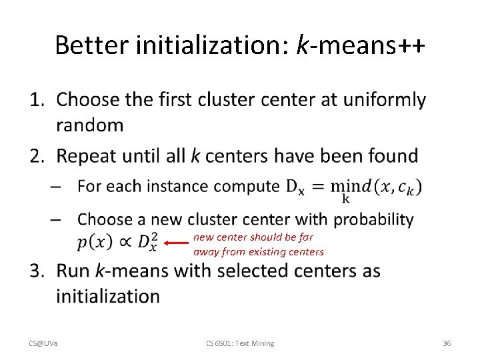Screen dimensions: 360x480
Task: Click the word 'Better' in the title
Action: (92, 45)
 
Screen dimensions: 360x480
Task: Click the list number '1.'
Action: (38, 100)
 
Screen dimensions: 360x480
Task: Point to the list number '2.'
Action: (38, 156)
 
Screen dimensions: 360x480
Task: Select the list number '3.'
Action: (38, 271)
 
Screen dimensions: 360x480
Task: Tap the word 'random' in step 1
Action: (90, 125)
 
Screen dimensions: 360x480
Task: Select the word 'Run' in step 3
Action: (73, 271)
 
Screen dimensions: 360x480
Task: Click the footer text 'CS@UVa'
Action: (43, 343)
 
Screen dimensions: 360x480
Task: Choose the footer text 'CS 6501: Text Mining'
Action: (239, 343)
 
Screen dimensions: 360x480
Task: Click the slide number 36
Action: (447, 343)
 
